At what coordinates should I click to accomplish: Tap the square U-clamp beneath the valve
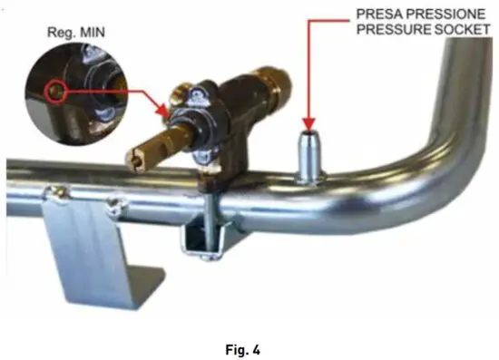(202, 238)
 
